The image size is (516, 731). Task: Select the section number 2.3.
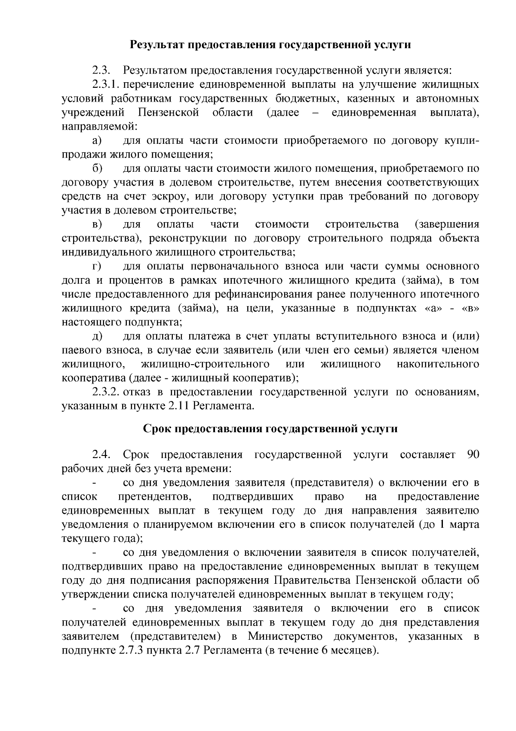pyautogui.click(x=101, y=70)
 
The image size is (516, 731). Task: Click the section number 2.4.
pyautogui.click(x=101, y=455)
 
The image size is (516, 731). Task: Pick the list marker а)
pyautogui.click(x=97, y=140)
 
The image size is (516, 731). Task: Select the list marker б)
pyautogui.click(x=97, y=168)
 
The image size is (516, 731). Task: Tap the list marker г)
pyautogui.click(x=96, y=266)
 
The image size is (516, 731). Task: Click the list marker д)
pyautogui.click(x=97, y=336)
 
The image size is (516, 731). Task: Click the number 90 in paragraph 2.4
pyautogui.click(x=473, y=455)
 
